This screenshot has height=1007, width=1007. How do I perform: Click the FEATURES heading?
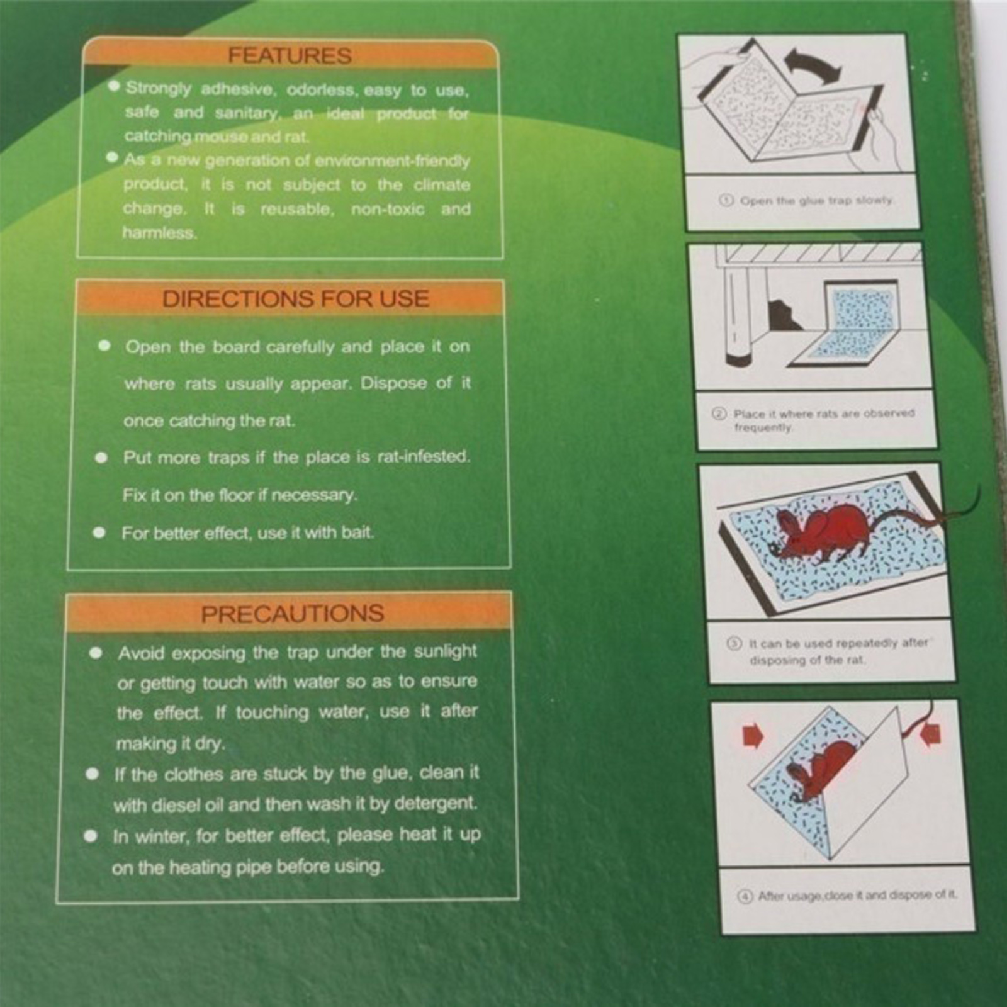click(290, 55)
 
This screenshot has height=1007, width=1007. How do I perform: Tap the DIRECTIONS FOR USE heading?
click(296, 298)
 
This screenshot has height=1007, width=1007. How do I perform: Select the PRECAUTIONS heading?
click(293, 614)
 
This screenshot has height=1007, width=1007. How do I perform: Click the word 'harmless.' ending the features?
click(160, 233)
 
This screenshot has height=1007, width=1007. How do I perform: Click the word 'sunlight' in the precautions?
click(446, 651)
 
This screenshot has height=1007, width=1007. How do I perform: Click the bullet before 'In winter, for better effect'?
click(91, 836)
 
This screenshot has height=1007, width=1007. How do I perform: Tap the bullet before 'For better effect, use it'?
click(99, 532)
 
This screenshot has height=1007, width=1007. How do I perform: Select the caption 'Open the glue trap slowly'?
click(817, 200)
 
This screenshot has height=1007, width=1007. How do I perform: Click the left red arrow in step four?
click(753, 735)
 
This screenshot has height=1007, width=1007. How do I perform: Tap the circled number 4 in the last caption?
click(745, 896)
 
